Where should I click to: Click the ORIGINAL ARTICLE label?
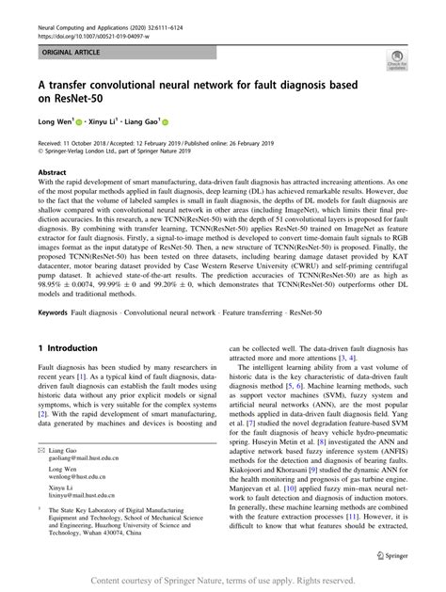pyautogui.click(x=66, y=53)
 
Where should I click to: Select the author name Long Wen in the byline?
pyautogui.click(x=56, y=121)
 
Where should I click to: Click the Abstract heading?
pyautogui.click(x=53, y=173)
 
